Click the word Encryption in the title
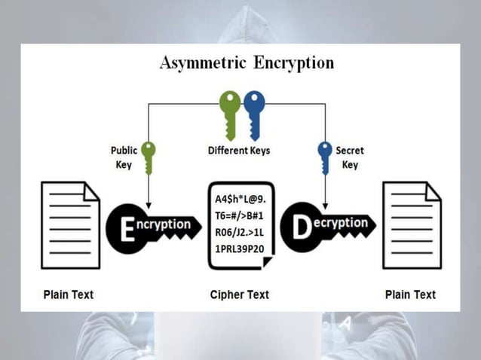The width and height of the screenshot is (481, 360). pos(291,63)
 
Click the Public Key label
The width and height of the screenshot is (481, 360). pos(124,157)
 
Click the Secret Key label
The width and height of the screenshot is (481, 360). pos(350,157)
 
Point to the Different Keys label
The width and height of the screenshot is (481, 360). pos(238,151)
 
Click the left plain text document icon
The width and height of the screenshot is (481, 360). pos(70,225)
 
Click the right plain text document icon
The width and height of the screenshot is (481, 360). pos(411,225)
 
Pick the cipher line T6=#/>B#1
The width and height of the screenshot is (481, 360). pos(240,216)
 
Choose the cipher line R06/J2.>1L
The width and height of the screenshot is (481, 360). pos(240,232)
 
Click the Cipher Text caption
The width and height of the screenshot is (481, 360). pos(239,294)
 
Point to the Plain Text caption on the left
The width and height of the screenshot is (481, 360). pos(69,294)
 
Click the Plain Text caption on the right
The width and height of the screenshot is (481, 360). pos(410,294)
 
